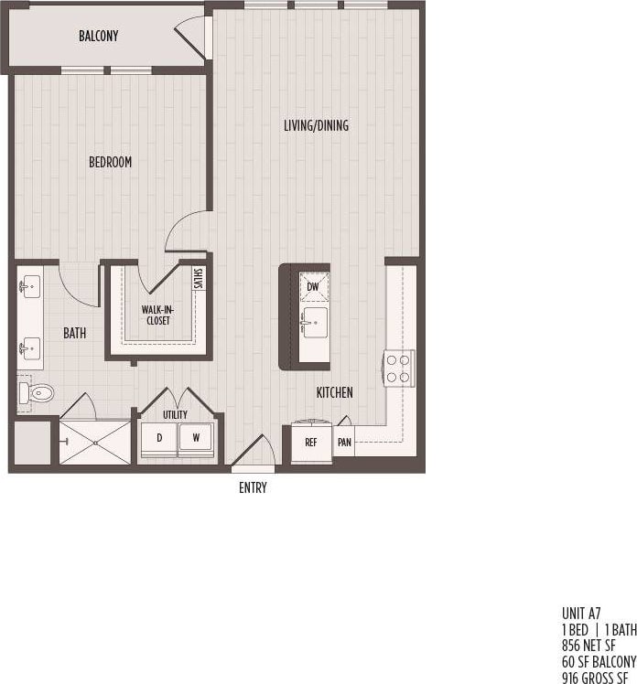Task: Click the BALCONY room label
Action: (x=98, y=36)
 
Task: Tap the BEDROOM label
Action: (x=110, y=162)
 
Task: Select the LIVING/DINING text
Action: (x=315, y=125)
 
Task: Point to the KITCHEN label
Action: (x=334, y=392)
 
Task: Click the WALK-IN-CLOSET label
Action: (x=157, y=315)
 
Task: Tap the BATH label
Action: (x=75, y=334)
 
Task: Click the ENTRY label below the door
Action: (x=253, y=487)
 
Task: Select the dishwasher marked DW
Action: (x=313, y=286)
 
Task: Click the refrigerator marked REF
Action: (x=311, y=442)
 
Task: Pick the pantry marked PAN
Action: (x=344, y=442)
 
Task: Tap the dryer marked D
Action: (x=159, y=438)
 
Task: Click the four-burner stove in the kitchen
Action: (x=398, y=368)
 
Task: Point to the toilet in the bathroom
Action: (x=38, y=393)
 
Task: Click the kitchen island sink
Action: (x=313, y=322)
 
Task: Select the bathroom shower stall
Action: (x=95, y=442)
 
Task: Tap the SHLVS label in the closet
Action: (x=199, y=277)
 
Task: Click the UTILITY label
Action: (x=176, y=414)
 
